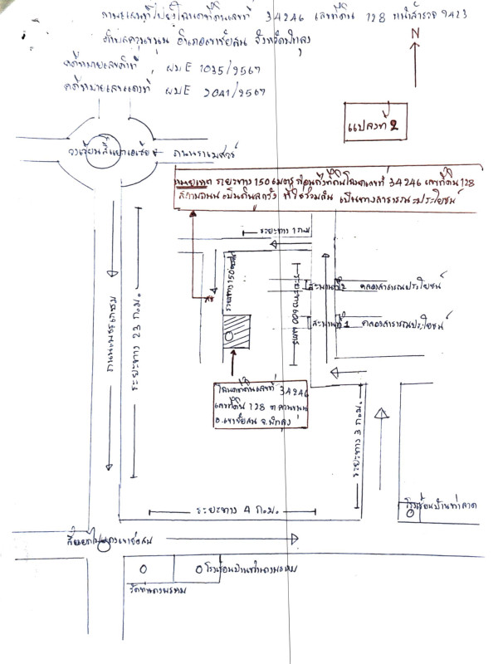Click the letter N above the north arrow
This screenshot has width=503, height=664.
tap(415, 33)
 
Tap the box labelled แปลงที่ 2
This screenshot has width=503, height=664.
tap(375, 124)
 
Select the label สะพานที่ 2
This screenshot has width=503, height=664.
tap(326, 286)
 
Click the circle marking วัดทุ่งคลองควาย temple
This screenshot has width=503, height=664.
tap(142, 570)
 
